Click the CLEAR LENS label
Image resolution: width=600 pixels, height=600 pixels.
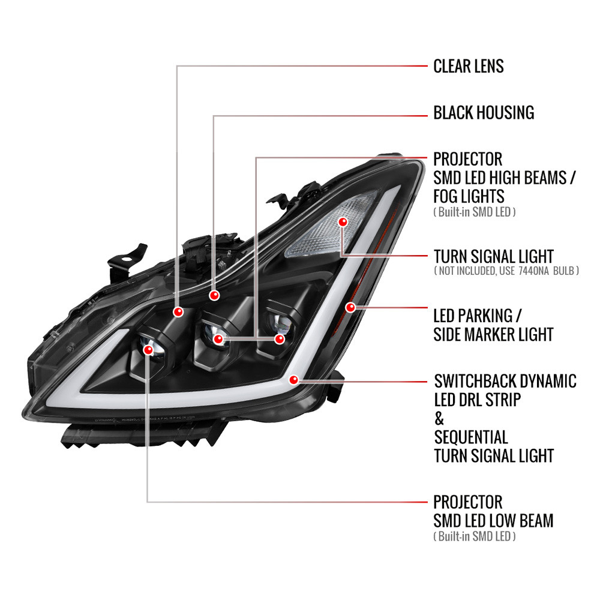(469, 66)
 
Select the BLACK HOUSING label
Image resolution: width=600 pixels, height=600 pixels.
(484, 113)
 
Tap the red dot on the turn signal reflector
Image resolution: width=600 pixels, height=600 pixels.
(343, 222)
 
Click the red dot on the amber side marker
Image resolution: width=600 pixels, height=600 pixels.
(350, 307)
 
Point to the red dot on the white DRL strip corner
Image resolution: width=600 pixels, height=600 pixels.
(293, 380)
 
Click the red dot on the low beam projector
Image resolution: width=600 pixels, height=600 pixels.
(148, 349)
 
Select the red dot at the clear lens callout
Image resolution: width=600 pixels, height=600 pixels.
(178, 312)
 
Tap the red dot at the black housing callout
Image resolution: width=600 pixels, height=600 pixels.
(214, 295)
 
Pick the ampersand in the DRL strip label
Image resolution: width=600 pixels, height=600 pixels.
(439, 419)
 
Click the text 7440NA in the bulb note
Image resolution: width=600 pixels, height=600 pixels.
(533, 271)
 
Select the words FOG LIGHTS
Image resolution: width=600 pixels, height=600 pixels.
(469, 196)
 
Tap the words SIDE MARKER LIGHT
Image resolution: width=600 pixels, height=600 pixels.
(493, 335)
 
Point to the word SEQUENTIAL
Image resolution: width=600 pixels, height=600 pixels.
(471, 437)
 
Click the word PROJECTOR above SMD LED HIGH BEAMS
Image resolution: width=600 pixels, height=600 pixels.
(467, 159)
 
